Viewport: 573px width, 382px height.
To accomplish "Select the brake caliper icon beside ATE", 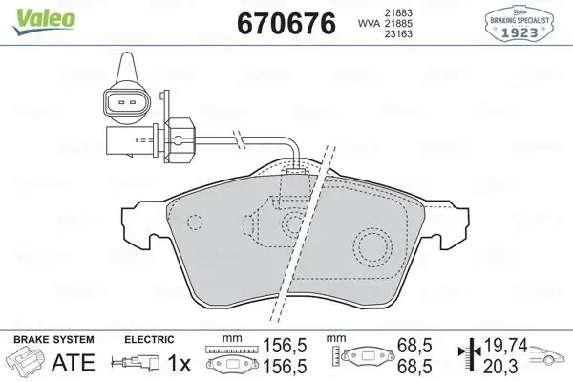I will [27, 363].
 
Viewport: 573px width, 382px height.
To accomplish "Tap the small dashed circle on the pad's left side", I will [195, 225].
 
